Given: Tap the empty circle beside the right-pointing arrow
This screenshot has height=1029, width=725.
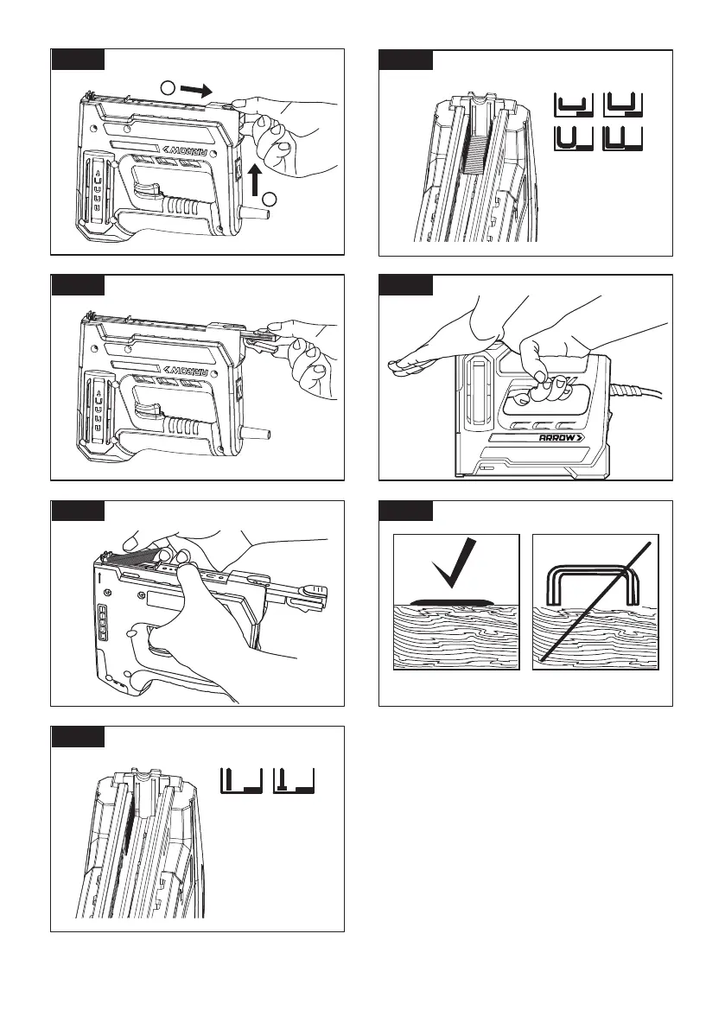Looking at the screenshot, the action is click(169, 87).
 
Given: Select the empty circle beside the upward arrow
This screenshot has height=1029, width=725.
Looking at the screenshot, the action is click(269, 200).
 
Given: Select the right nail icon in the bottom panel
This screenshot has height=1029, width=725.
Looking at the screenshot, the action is click(295, 780).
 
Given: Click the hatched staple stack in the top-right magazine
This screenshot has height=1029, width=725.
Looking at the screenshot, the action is click(475, 147).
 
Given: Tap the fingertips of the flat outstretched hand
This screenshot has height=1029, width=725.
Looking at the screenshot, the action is click(399, 368).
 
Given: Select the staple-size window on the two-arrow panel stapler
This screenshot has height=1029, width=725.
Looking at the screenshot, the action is click(98, 189).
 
